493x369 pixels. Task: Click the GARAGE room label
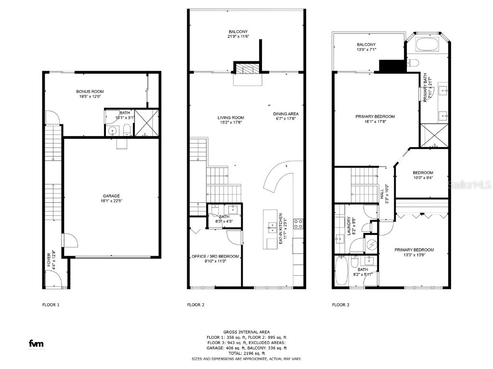(x=111, y=196)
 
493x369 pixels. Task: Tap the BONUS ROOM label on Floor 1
(x=90, y=91)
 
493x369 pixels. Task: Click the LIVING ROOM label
(x=231, y=118)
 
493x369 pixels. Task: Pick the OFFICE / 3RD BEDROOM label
(x=215, y=256)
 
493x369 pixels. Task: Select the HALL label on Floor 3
(x=382, y=194)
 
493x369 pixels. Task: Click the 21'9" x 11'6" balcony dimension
(x=238, y=37)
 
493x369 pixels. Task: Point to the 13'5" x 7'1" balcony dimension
(x=366, y=49)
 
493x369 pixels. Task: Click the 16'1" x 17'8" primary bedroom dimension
(x=375, y=122)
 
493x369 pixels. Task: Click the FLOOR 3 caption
(x=340, y=305)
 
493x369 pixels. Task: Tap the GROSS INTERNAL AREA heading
(x=246, y=332)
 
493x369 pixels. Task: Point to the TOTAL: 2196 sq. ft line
(x=246, y=353)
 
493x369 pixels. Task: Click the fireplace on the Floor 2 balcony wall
(x=247, y=70)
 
